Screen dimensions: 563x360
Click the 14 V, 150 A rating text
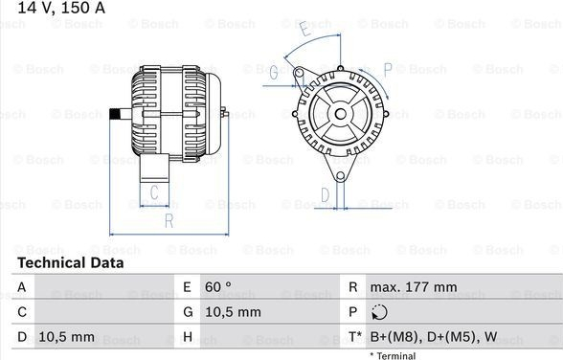coord(61,8)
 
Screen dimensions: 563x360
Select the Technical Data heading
coord(71,262)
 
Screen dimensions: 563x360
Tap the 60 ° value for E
coord(218,287)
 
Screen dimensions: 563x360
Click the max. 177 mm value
coord(414,287)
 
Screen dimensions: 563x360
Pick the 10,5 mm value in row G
coord(233,312)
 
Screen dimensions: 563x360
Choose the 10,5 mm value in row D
coord(67,337)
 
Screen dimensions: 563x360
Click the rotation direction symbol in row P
coord(379,312)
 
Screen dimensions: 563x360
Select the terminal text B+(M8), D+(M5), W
coord(434,337)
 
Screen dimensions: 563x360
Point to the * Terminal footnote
coord(393,355)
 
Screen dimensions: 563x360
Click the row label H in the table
coord(188,337)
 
